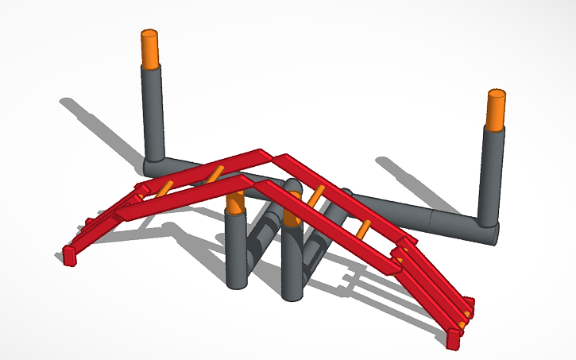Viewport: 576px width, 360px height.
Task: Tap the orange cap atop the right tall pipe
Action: coord(496,110)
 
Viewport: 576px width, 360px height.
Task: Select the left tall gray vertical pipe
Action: coord(153,111)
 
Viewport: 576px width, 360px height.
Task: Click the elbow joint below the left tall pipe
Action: coord(155,165)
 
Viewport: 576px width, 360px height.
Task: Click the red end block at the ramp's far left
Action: coord(69,254)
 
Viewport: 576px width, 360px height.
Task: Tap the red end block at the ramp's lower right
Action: coord(453,339)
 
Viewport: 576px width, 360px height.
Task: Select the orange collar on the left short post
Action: coord(234,203)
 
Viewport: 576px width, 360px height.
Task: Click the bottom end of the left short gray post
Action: coord(236,282)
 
